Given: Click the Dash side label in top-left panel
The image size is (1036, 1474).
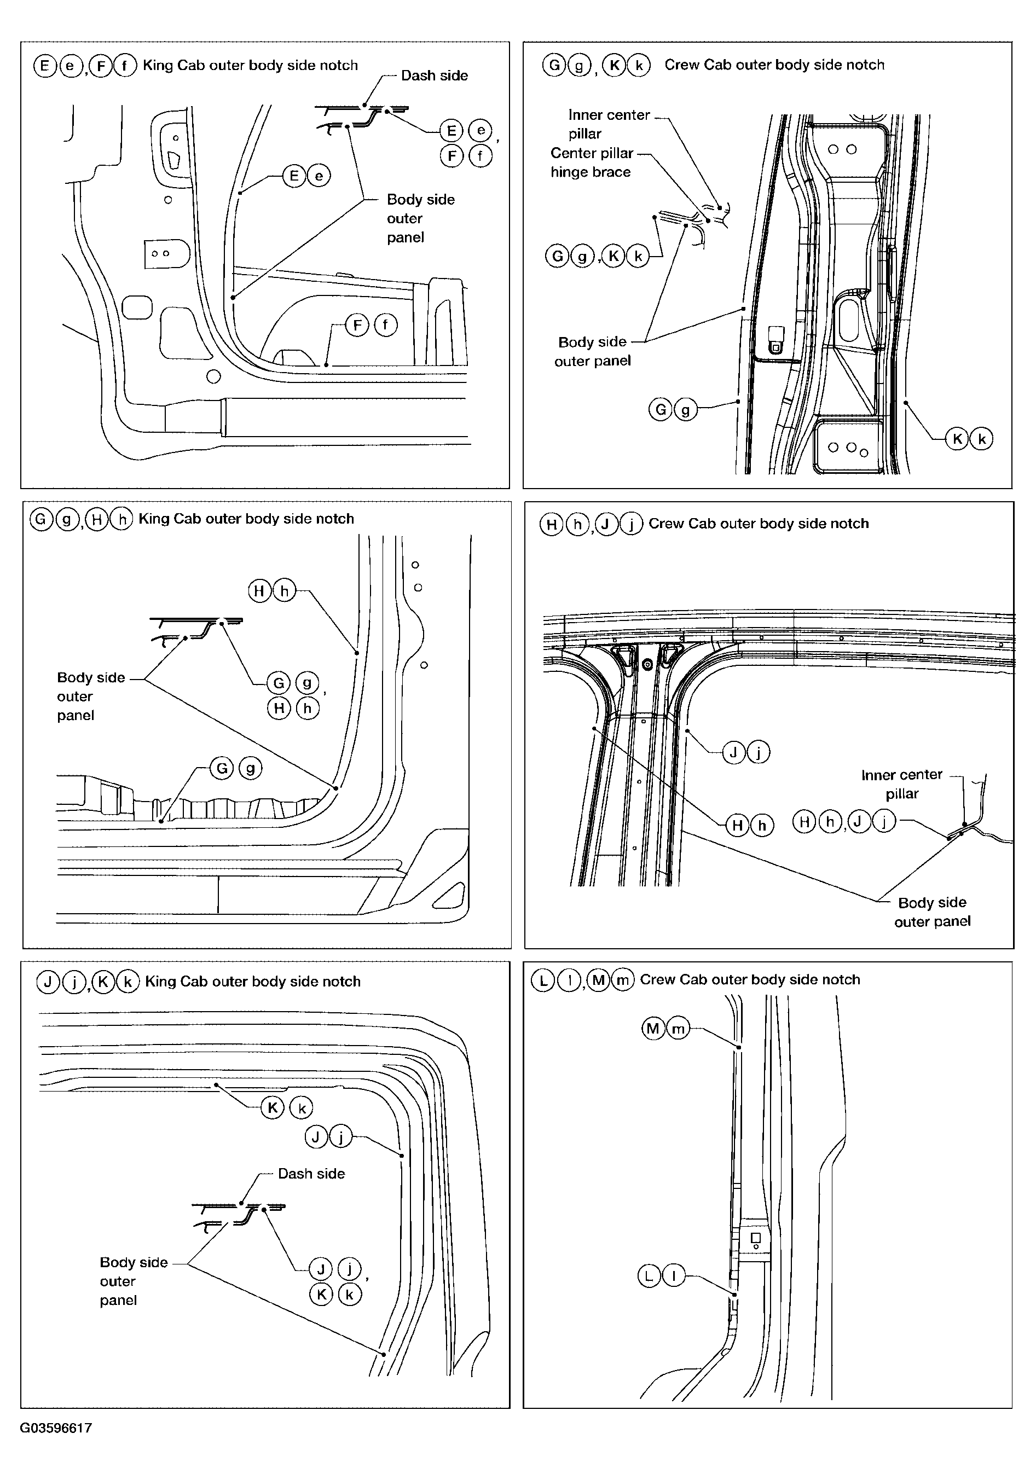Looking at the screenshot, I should point(434,76).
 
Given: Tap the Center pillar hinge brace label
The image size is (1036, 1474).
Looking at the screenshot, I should point(592,163).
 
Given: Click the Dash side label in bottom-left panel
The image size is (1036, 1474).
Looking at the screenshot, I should point(311,1174).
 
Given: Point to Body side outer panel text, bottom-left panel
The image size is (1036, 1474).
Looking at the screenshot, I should point(134,1281).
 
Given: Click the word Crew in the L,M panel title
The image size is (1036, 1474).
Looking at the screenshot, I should point(657,980).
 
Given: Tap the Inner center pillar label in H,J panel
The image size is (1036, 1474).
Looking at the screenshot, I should point(902,784).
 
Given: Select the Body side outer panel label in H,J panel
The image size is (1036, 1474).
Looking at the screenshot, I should point(932,912).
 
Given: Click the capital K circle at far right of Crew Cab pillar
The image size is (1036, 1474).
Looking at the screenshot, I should point(957,439).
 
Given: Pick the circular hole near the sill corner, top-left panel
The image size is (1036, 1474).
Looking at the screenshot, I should point(214,376).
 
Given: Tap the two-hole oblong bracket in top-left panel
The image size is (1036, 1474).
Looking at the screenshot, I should point(166,253).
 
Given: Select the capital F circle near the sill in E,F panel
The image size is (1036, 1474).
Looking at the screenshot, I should point(357,325).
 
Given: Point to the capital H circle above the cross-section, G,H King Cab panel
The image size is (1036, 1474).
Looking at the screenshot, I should point(259,590).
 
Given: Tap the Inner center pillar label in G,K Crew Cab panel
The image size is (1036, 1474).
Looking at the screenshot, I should point(609,124).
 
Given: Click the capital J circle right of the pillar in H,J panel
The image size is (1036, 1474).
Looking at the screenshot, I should point(733,752).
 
